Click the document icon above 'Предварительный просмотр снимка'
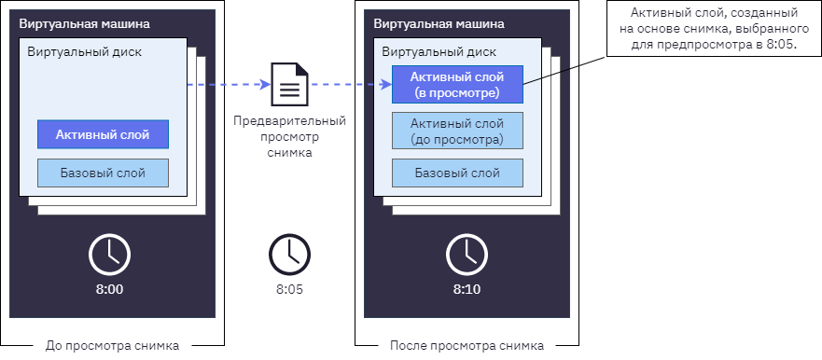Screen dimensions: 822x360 pos(289,85)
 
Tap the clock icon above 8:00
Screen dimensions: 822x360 pos(109,255)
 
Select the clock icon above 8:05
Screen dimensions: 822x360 pos(289,255)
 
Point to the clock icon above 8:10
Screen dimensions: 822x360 pos(467,255)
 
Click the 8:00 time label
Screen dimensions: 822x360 pos(109,289)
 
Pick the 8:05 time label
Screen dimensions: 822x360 pos(289,289)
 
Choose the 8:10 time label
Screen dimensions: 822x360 pos(467,289)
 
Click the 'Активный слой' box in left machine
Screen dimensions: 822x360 pos(103,134)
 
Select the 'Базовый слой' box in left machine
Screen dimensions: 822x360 pos(103,173)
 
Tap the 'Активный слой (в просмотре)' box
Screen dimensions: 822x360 pos(457,84)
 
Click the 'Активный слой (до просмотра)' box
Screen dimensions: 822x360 pos(457,131)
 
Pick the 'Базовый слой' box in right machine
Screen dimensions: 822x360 pos(457,173)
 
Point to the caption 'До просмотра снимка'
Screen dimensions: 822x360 pos(112,346)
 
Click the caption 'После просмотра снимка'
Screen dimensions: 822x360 pos(467,346)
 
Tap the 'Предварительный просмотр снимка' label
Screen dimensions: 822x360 pos(289,137)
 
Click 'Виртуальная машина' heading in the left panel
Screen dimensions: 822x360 pos(84,24)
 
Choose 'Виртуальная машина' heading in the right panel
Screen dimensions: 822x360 pos(439,24)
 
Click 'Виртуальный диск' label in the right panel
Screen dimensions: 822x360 pos(439,52)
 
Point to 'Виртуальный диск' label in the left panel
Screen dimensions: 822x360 pos(84,52)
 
